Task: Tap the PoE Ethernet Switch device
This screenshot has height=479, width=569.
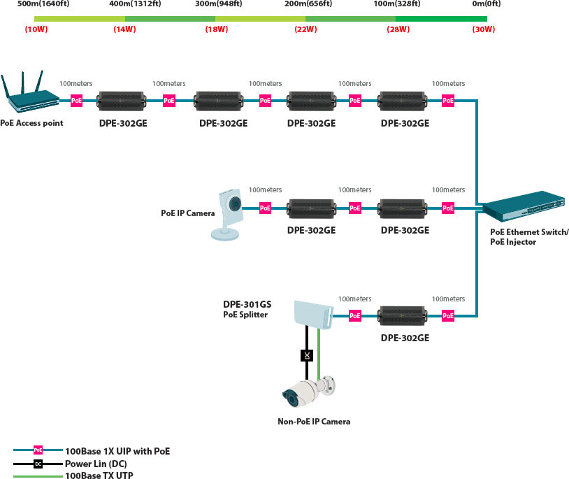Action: [524, 206]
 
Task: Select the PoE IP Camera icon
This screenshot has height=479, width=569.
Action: [227, 214]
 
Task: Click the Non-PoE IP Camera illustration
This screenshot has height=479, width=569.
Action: [309, 392]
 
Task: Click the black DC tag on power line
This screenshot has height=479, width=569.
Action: [307, 355]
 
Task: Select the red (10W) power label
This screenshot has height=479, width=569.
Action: [36, 29]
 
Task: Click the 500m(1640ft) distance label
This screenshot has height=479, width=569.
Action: [43, 4]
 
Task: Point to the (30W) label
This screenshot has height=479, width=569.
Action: [483, 29]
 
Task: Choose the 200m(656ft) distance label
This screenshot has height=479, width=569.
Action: [308, 4]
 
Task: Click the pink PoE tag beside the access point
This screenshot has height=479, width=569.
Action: [76, 101]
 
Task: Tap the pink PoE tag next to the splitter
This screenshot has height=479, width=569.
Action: [355, 315]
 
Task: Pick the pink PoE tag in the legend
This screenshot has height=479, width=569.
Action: [38, 450]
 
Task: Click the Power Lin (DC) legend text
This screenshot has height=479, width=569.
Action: [96, 464]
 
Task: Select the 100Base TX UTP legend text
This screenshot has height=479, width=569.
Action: [99, 475]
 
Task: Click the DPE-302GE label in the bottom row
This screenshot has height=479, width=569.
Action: [405, 338]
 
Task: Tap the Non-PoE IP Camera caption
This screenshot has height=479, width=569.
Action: [314, 421]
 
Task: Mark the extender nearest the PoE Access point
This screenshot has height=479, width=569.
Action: [122, 101]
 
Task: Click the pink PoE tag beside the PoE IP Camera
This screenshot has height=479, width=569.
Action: [265, 208]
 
